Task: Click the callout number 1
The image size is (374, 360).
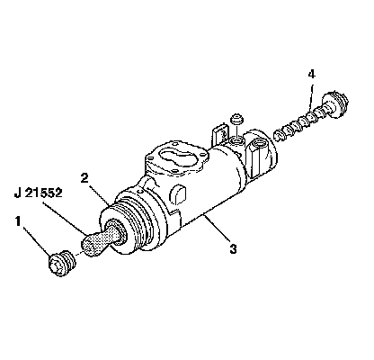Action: (x=18, y=222)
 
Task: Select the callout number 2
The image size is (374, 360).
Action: (x=85, y=178)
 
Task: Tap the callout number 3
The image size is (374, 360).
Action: (x=233, y=248)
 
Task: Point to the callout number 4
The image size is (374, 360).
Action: (x=312, y=74)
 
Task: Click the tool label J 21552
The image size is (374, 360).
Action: (x=39, y=193)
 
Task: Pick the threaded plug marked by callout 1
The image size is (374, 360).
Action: (x=62, y=263)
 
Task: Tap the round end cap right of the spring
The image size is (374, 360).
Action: (x=335, y=103)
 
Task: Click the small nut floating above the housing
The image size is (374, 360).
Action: (x=236, y=119)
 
